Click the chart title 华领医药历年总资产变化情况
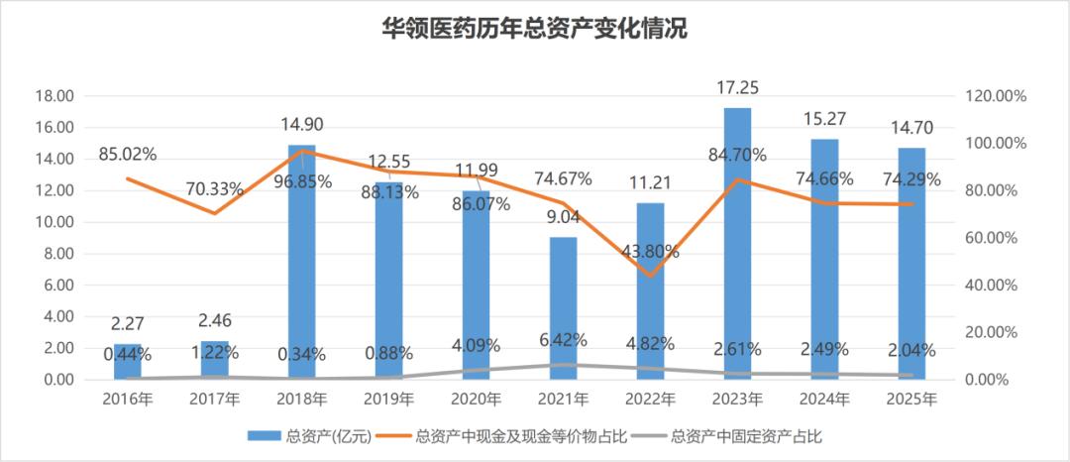pos(533,30)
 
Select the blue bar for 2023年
pos(737,243)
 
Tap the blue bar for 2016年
pos(128,361)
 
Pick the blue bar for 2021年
pos(563,307)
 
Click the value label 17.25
pos(737,88)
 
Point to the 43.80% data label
pos(650,251)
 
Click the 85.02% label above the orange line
pos(128,155)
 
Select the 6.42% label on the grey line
pos(563,339)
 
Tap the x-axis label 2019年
pos(389,400)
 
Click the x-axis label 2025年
pos(911,400)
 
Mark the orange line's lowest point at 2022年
pos(650,276)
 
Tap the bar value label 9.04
pos(563,218)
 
